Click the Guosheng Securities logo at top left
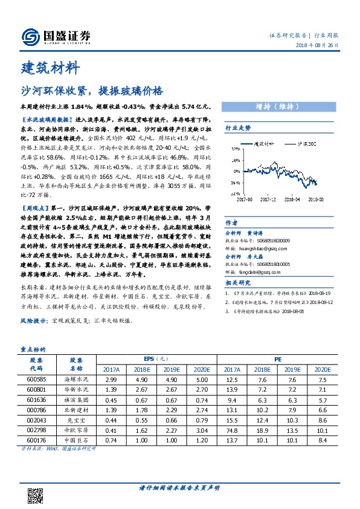[x=55, y=37]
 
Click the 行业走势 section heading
[x=237, y=128]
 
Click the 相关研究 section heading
[x=237, y=282]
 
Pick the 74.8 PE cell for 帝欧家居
[x=232, y=429]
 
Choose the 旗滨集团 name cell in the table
[x=76, y=399]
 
